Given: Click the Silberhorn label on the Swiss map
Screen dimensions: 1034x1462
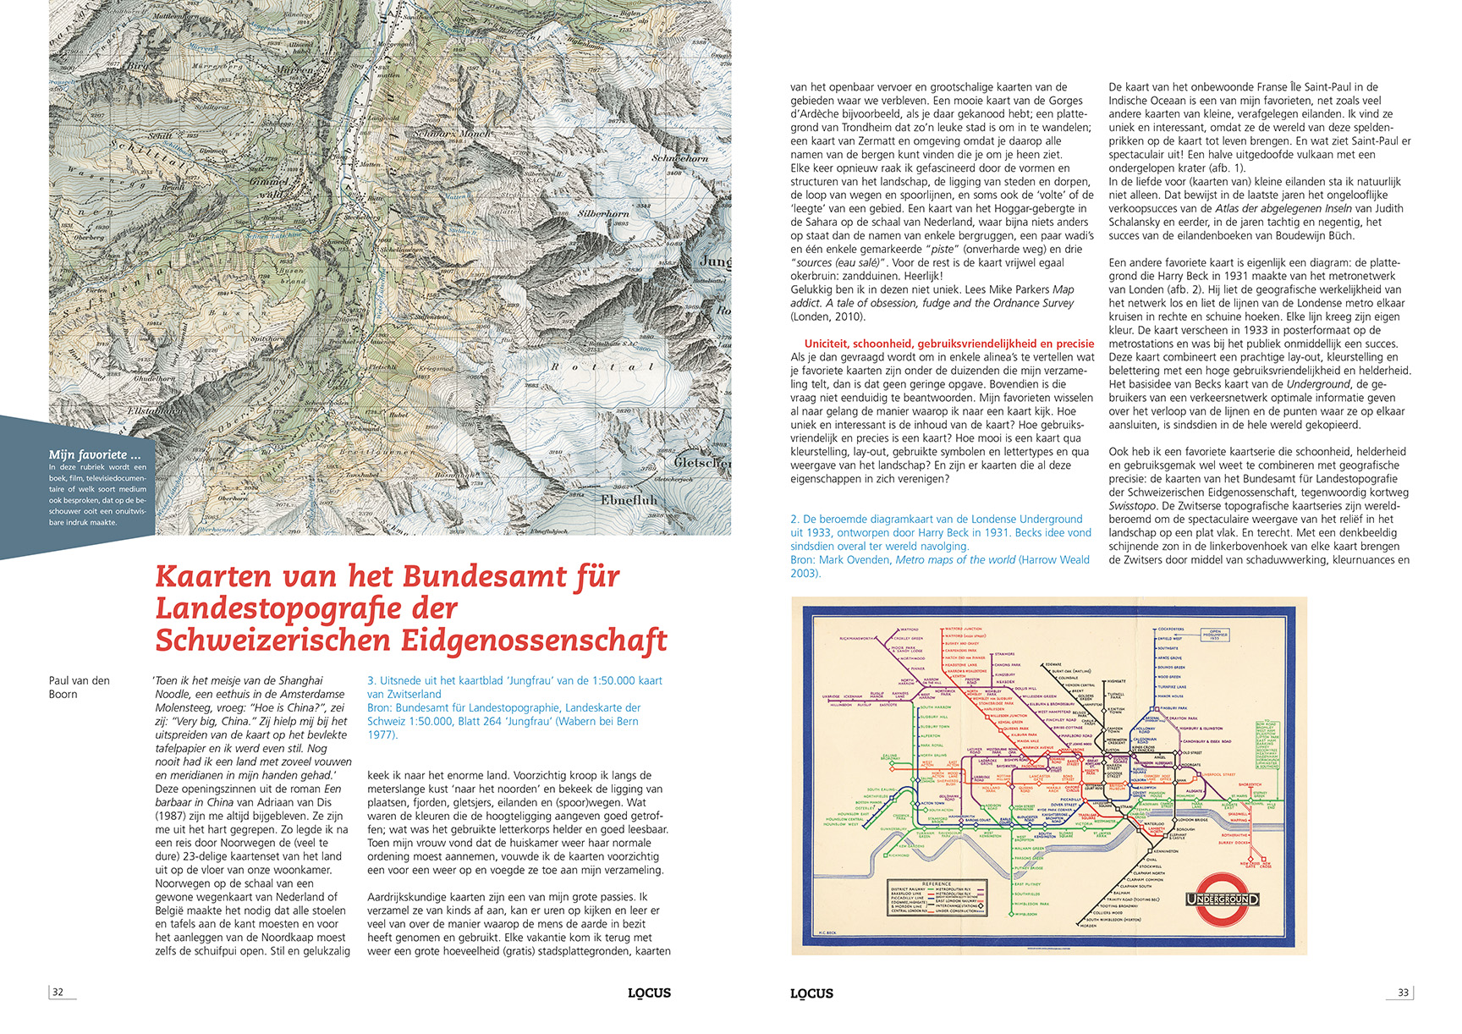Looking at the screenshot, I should tap(603, 213).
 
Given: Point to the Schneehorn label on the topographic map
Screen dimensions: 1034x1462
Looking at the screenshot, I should tap(679, 158).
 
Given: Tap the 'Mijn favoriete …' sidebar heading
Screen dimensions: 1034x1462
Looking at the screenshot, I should tap(94, 454).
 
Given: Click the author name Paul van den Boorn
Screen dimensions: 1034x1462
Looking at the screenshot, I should tap(79, 687).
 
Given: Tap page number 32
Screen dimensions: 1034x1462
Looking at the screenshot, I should tap(58, 993).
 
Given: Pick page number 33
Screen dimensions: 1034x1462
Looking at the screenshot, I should tap(1403, 993).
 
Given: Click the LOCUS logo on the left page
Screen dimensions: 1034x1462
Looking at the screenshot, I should tap(649, 993).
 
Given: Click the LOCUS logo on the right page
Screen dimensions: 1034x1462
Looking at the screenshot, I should tap(811, 993).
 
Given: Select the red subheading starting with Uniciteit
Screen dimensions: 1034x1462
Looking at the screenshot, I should tap(948, 344).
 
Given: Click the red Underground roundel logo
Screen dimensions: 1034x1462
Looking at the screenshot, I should tap(1222, 899).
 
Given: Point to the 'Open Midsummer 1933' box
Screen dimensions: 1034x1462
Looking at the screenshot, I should tap(1215, 635).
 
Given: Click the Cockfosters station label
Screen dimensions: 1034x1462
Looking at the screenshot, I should tap(1170, 630).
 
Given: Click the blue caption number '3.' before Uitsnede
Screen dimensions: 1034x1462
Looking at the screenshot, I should tap(371, 680).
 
